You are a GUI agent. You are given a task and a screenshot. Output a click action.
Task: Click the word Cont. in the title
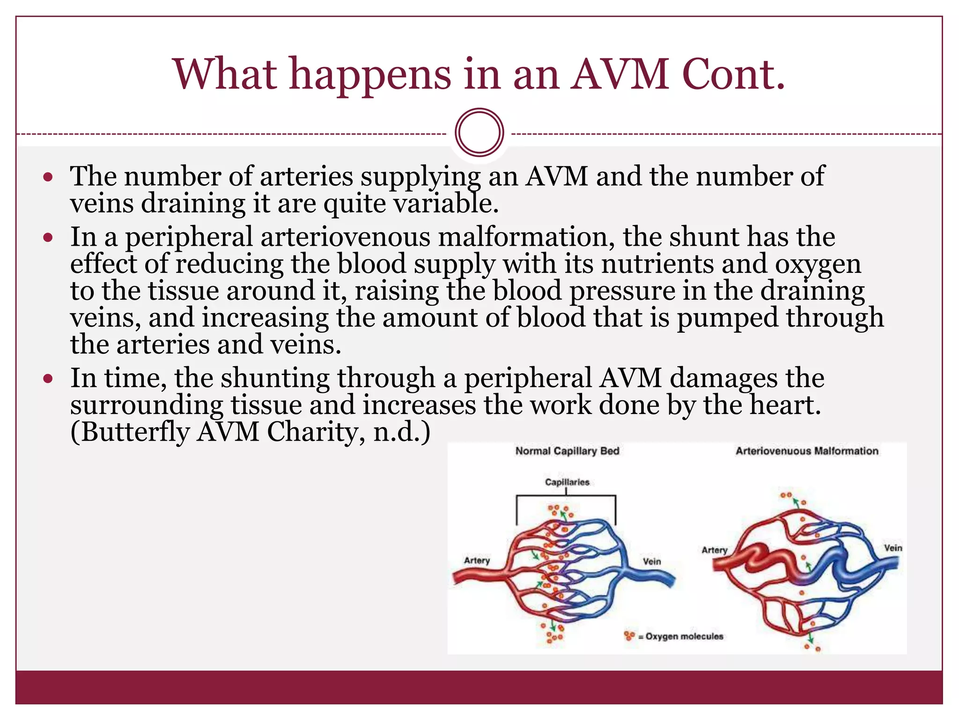(733, 75)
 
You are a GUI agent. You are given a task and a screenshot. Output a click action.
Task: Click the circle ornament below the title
(479, 132)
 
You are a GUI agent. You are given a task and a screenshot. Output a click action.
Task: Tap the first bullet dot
(48, 178)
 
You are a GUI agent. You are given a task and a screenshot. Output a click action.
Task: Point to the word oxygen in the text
(818, 264)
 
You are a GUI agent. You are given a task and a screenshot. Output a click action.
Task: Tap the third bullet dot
(48, 379)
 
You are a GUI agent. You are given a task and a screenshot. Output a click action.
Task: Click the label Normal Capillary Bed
(567, 451)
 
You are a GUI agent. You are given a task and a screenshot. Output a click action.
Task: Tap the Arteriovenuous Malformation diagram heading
(806, 451)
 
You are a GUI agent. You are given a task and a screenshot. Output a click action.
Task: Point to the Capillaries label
(567, 482)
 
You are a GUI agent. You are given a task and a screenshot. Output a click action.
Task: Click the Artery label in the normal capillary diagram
(477, 560)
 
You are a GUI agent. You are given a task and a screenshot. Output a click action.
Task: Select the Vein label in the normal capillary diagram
(651, 561)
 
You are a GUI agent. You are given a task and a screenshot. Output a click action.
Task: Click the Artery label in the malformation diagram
(714, 550)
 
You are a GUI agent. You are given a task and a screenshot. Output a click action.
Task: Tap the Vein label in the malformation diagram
(893, 547)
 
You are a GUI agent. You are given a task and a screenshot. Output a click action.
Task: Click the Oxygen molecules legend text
(684, 636)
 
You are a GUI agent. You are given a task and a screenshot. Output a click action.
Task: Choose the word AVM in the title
(620, 75)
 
